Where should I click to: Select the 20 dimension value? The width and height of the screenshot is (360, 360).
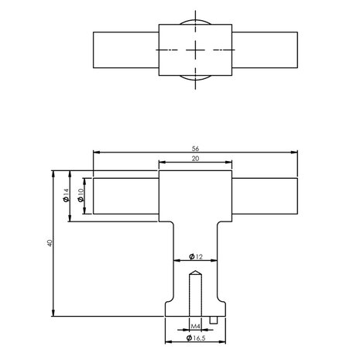196,159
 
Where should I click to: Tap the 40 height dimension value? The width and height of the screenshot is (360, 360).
48,242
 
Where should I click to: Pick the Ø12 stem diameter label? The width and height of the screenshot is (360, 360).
196,255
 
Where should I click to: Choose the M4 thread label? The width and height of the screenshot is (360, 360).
196,327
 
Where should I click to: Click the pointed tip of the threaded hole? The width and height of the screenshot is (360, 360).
196,270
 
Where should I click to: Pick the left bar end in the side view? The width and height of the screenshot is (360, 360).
93,197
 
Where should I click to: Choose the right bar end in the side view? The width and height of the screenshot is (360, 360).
299,197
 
